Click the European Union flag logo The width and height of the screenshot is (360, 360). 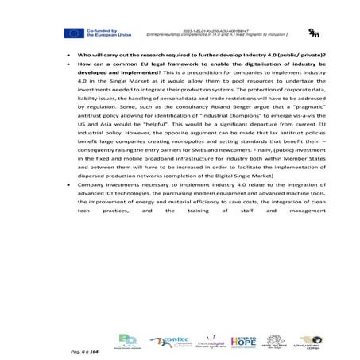click(x=74, y=33)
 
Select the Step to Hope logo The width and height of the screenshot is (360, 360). click(x=242, y=339)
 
